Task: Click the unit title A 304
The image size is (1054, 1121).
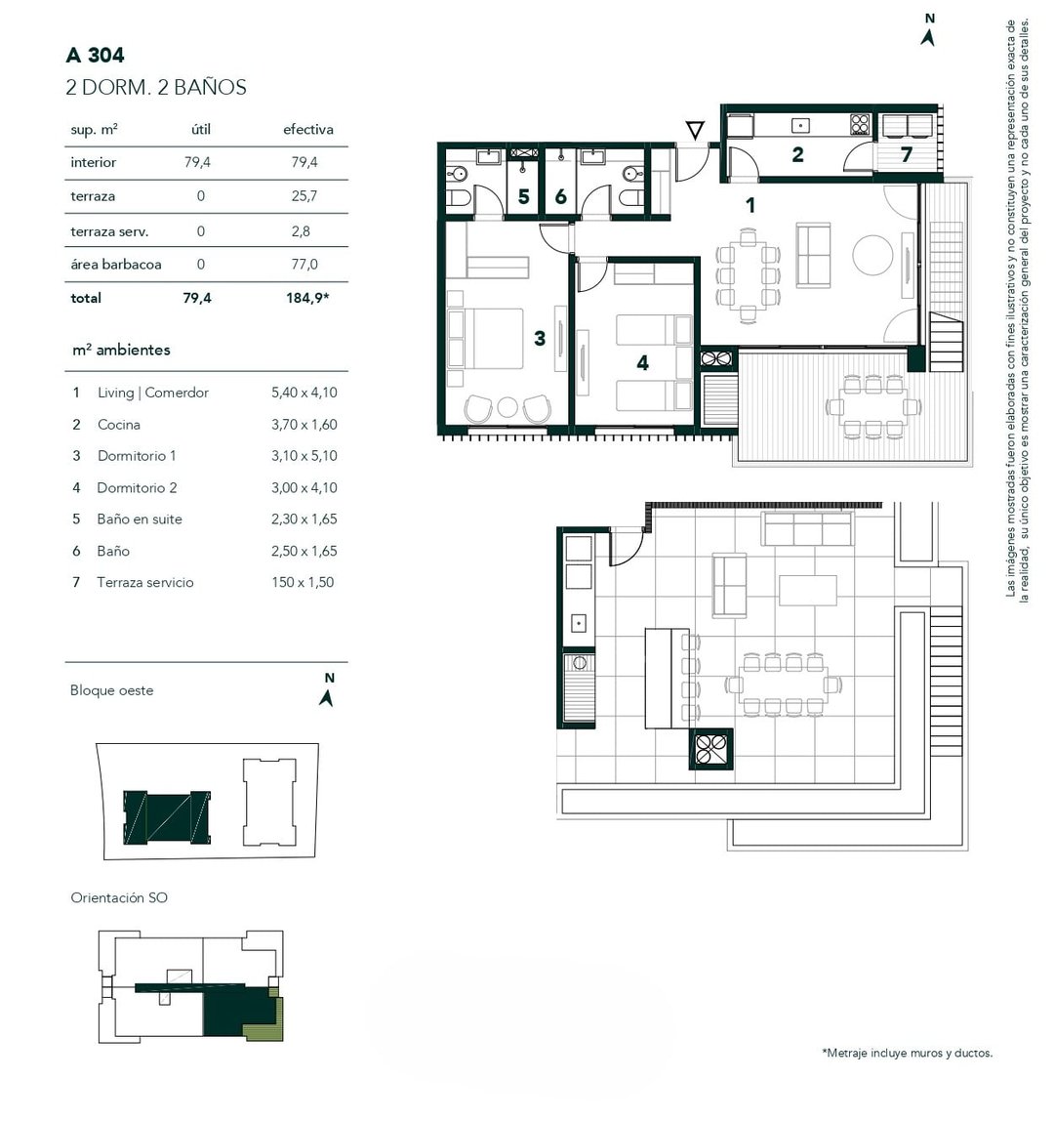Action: click(95, 55)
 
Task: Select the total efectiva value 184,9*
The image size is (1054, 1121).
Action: click(308, 298)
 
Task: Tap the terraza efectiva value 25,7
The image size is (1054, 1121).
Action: click(304, 196)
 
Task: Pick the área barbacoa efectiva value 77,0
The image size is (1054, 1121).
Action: click(304, 265)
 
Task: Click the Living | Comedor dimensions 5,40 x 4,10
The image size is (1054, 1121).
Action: click(304, 393)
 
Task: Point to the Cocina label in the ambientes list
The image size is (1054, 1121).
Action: click(119, 425)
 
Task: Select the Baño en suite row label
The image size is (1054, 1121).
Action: click(140, 519)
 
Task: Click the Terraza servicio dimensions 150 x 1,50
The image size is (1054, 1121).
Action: click(303, 582)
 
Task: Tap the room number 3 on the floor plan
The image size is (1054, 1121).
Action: click(540, 338)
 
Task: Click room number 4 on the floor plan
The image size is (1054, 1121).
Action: click(643, 363)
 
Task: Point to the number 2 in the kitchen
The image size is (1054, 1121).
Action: click(797, 154)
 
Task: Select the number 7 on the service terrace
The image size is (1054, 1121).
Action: click(907, 154)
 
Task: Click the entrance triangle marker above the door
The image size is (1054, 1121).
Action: click(695, 130)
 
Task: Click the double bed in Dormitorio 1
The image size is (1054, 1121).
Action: click(486, 339)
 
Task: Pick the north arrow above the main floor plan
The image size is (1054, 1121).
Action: click(928, 30)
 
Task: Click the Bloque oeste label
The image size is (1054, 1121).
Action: click(111, 690)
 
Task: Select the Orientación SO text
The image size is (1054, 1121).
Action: click(119, 898)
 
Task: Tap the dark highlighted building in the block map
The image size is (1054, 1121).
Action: click(167, 818)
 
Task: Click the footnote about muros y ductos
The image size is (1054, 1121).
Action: click(907, 1053)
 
